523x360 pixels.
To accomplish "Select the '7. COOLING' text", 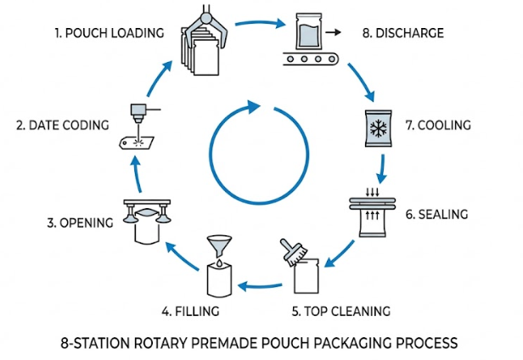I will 436,126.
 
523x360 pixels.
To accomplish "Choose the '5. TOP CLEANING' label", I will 339,310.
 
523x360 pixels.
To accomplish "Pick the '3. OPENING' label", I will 79,223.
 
